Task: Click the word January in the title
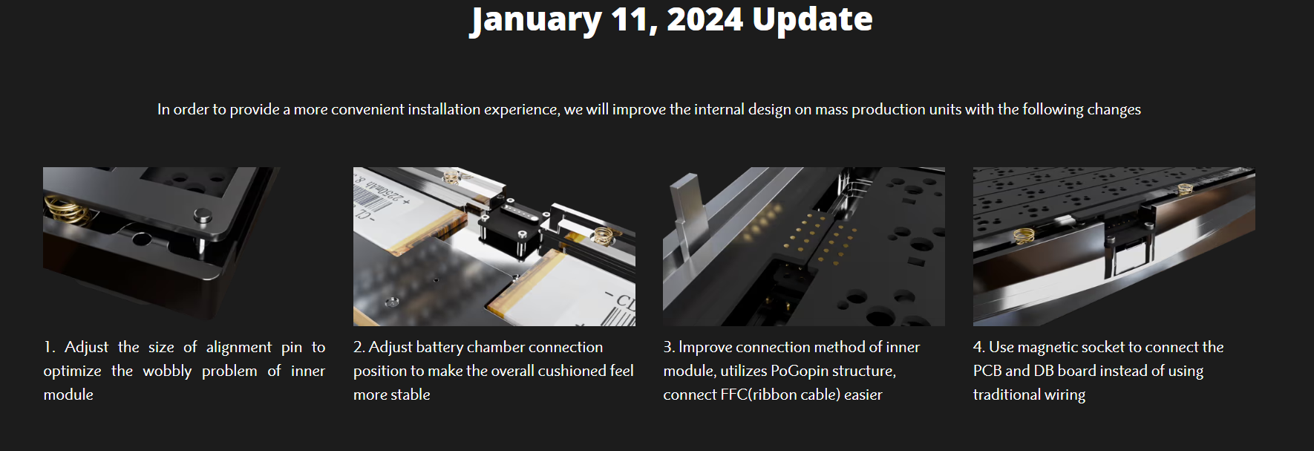pyautogui.click(x=536, y=20)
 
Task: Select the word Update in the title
pyautogui.click(x=812, y=20)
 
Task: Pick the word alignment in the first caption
pyautogui.click(x=239, y=347)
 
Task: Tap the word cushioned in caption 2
pyautogui.click(x=572, y=371)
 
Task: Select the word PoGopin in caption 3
pyautogui.click(x=805, y=371)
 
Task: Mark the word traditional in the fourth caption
pyautogui.click(x=1005, y=395)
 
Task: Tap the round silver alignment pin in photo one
pyautogui.click(x=200, y=218)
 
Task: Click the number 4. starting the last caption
pyautogui.click(x=979, y=347)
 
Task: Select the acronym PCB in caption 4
pyautogui.click(x=987, y=371)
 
